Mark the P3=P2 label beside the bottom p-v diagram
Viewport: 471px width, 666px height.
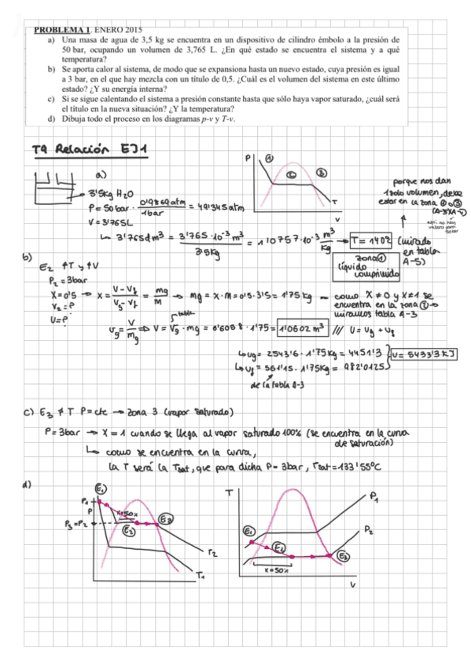79,523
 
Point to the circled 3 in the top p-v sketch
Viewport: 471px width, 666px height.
320,171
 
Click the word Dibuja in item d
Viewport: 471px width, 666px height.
77,119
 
